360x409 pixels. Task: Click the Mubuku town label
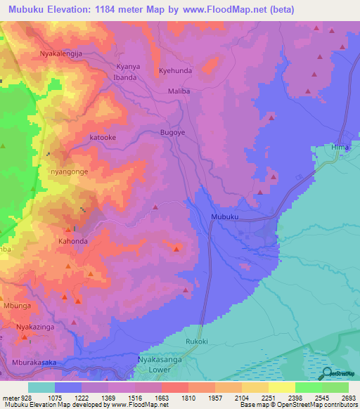[225, 217]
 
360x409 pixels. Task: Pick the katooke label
[103, 138]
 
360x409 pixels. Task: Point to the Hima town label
[340, 148]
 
